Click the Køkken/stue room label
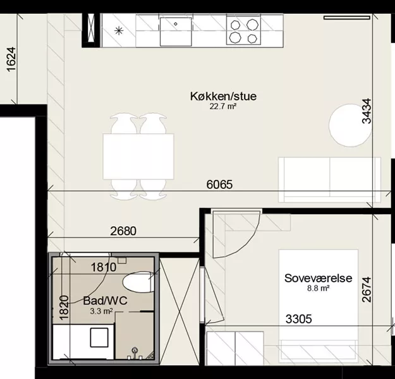[x=224, y=96]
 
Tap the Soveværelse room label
[x=318, y=278]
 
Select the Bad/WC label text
[x=106, y=301]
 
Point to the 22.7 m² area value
[x=223, y=107]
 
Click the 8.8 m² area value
[x=318, y=288]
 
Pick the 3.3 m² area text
[x=101, y=311]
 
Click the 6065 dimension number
[x=219, y=184]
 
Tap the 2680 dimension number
[x=123, y=231]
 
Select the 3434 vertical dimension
[x=367, y=111]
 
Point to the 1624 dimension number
[x=11, y=59]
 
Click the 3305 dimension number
[x=298, y=319]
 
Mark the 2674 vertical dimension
[x=367, y=289]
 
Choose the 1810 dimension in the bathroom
[x=104, y=267]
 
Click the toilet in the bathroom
[x=138, y=282]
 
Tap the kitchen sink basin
[x=176, y=32]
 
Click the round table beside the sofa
[x=350, y=125]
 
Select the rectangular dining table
[x=138, y=157]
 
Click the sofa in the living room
[x=329, y=180]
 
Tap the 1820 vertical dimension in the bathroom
[x=64, y=308]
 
